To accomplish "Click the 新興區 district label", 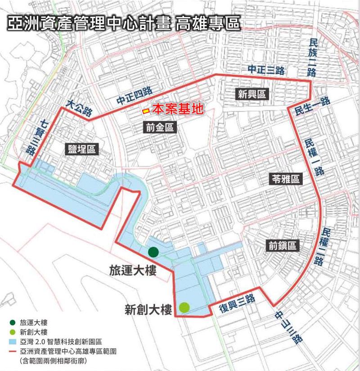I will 252,94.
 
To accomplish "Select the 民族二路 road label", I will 313,57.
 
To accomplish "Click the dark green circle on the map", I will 153,252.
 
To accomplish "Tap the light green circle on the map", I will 184,308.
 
